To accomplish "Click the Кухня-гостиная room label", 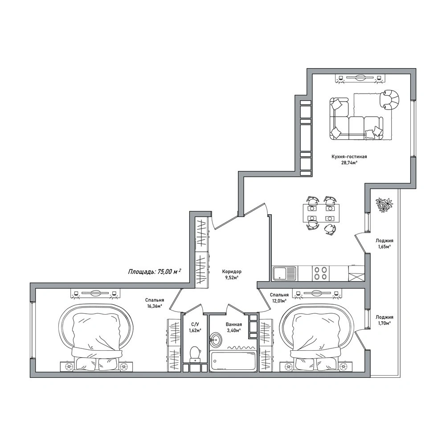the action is point(349,157).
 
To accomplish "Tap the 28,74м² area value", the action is point(349,163).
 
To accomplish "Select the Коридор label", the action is point(232,272).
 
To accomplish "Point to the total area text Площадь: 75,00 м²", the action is point(155,271).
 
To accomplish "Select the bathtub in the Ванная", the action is point(233,360).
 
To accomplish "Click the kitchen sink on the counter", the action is point(284,273).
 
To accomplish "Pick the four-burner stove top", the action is point(320,273).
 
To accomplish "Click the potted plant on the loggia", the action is point(384,205).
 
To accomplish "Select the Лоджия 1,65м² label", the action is point(384,244).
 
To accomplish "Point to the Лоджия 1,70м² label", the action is point(384,320).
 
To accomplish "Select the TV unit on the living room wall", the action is point(360,78).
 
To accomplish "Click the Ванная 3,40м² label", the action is point(234,327).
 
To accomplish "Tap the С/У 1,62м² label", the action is point(195,327).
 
